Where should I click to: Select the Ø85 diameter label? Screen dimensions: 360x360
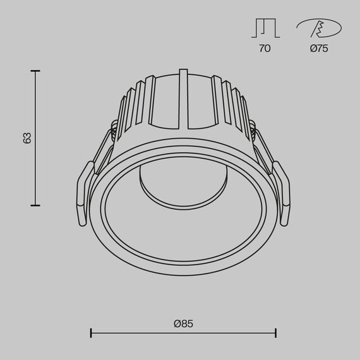coord(183,323)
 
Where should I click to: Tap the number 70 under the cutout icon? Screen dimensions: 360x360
coord(265,49)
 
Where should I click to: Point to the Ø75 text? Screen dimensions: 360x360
coord(319,49)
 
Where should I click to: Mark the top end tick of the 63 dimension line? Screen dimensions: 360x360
coord(36,71)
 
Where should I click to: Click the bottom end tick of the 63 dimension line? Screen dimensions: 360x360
coord(36,205)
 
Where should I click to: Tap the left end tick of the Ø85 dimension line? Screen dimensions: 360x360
coord(92,333)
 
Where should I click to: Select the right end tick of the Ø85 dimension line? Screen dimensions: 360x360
coord(275,333)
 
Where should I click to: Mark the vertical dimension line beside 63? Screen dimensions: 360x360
coord(36,171)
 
